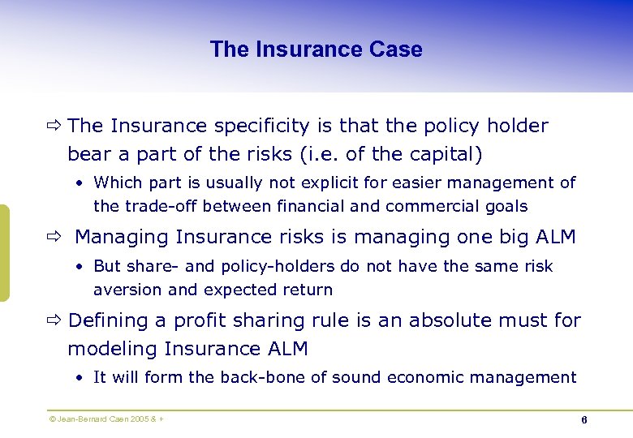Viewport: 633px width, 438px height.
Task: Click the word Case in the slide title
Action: pyautogui.click(x=395, y=49)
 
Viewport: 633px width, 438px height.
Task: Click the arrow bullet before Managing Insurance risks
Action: pyautogui.click(x=55, y=238)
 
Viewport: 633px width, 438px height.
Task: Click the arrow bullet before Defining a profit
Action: pyautogui.click(x=55, y=321)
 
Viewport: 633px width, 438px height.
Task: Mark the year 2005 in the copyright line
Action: pyautogui.click(x=139, y=419)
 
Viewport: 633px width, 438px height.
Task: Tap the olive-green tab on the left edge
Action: pyautogui.click(x=4, y=253)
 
